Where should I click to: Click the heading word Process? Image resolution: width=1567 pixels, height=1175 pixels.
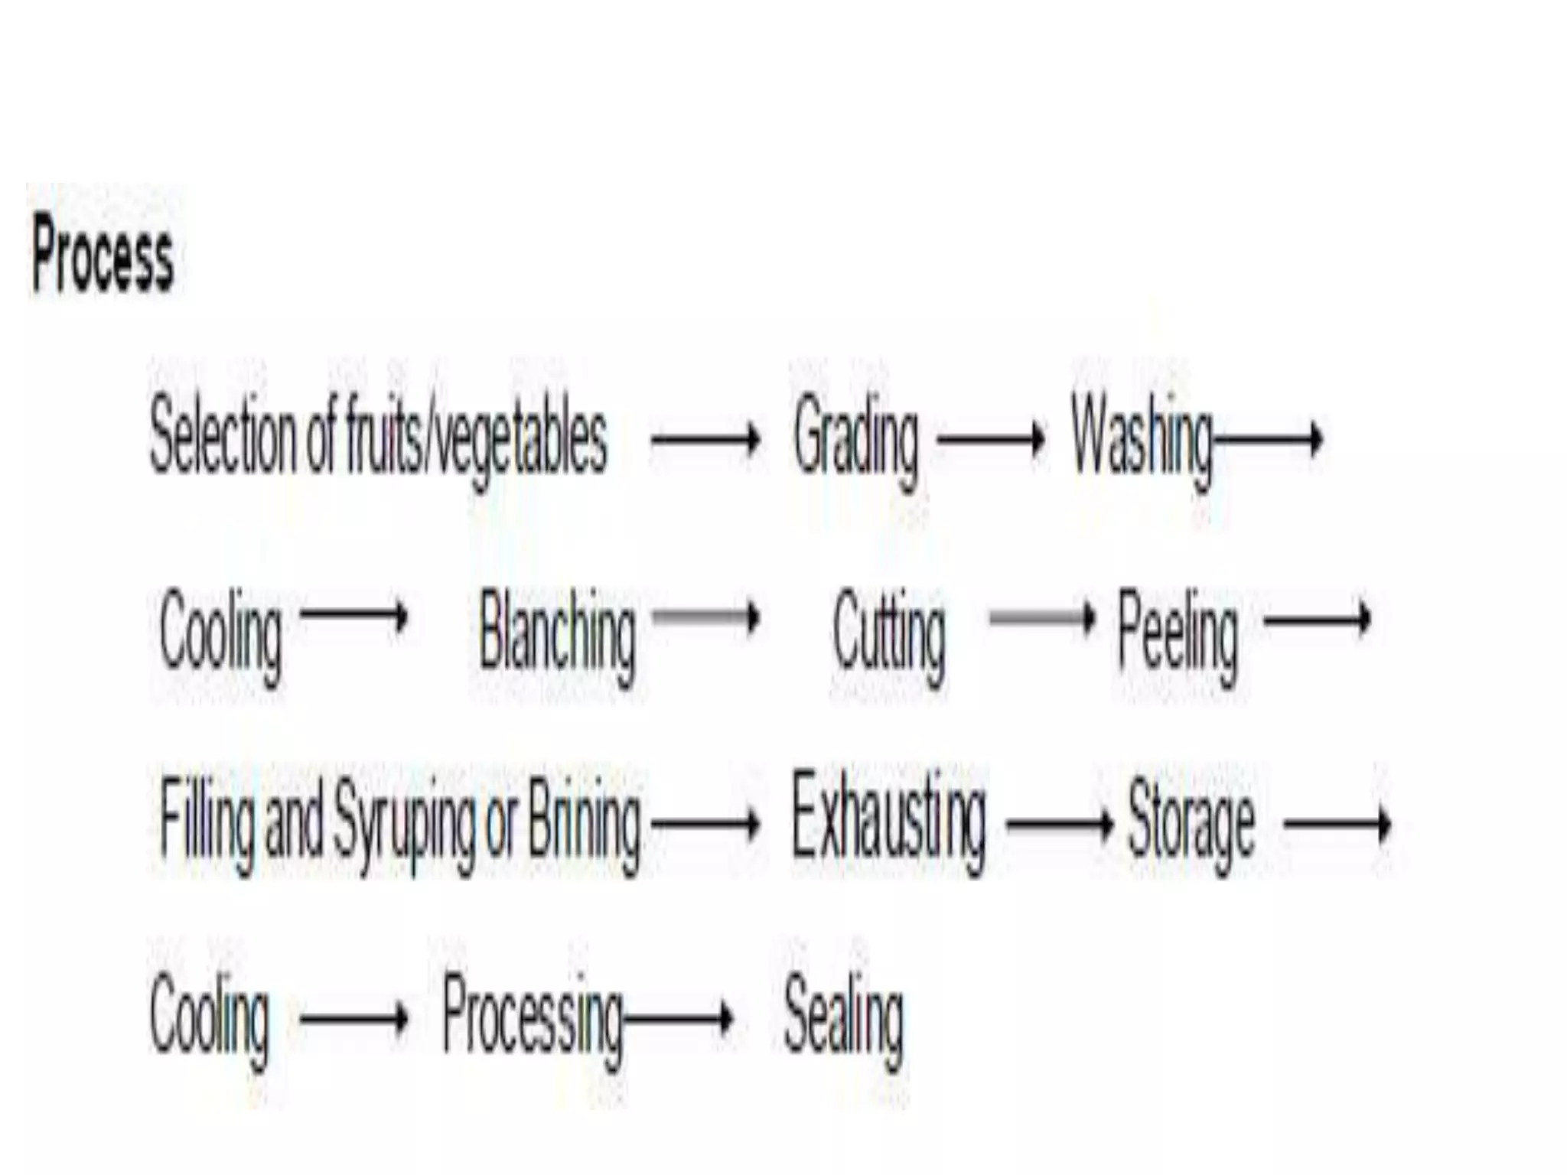103,254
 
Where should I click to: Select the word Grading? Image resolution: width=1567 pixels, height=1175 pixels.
855,441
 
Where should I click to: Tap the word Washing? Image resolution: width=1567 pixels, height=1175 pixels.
1142,441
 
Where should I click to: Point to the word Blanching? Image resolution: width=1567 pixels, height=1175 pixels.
557,637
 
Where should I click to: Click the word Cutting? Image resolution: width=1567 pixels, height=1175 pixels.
888,637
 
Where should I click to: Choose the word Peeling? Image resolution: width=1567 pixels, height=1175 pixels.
1178,637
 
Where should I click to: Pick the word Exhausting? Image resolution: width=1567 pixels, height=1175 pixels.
888,823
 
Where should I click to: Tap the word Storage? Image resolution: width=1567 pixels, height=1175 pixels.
1191,825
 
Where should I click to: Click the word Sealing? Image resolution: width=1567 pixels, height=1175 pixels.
843,1021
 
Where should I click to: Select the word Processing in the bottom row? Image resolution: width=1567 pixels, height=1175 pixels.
533,1021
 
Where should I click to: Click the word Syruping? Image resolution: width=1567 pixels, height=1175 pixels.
404,825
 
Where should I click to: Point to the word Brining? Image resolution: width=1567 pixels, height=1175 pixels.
585,825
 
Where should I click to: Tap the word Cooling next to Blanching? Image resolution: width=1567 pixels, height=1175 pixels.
220,637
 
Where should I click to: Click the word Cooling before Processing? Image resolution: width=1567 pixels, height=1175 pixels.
210,1021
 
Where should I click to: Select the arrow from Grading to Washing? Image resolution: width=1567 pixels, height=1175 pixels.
991,439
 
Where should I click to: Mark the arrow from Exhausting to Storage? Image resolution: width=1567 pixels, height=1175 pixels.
1060,825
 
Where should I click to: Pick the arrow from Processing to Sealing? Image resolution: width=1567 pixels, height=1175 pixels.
678,1018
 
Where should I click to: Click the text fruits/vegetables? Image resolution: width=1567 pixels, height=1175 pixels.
476,441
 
